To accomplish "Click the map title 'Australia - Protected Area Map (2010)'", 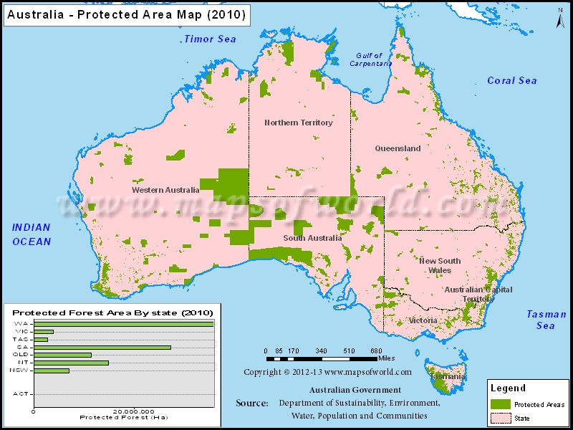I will click(126, 14).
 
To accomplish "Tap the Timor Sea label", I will click(209, 39).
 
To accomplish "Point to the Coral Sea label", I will click(511, 80).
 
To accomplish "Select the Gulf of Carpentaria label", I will click(370, 59).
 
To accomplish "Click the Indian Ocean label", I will click(32, 234).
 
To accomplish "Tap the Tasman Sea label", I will click(546, 320).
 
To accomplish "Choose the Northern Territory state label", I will click(298, 123).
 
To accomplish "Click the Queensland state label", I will click(398, 148).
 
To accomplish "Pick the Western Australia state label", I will click(165, 190).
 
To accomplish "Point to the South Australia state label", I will click(312, 238).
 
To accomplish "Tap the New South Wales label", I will click(440, 265).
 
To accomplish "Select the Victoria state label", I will click(423, 320).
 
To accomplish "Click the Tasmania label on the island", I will click(448, 376).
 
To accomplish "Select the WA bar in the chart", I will click(124, 324).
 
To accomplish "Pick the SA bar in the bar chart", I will click(102, 347).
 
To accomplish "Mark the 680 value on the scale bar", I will click(375, 351).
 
